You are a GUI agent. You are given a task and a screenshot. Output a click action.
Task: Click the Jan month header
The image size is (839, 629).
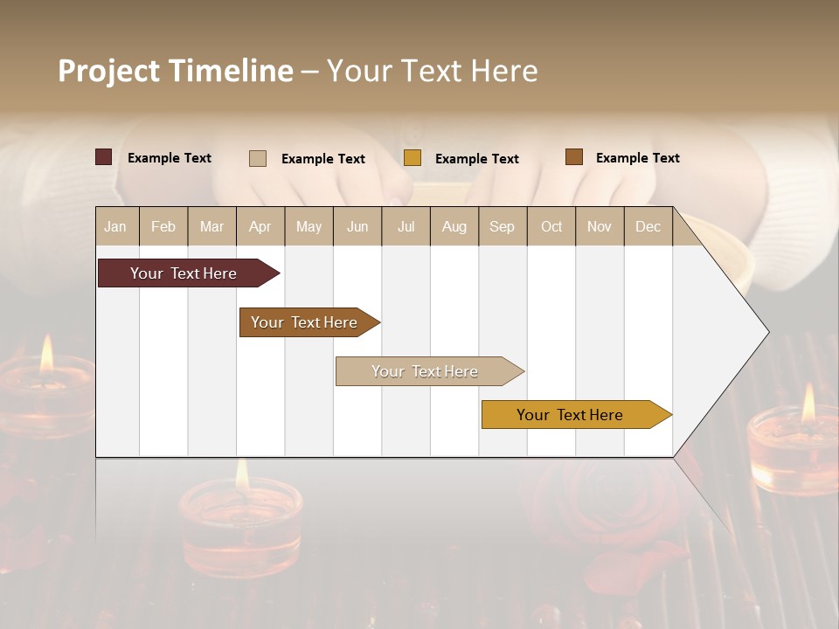pyautogui.click(x=115, y=227)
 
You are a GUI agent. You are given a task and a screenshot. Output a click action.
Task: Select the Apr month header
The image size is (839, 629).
pyautogui.click(x=260, y=227)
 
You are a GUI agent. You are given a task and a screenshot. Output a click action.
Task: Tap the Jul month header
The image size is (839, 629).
pyautogui.click(x=406, y=227)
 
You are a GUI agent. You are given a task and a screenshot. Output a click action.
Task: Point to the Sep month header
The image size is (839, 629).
pyautogui.click(x=502, y=227)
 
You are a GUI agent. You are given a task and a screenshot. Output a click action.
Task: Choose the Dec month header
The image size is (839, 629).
pyautogui.click(x=648, y=227)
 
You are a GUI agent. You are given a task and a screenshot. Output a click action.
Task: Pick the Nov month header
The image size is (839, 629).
pyautogui.click(x=599, y=227)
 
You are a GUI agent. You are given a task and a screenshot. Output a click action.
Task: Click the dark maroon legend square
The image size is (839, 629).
pyautogui.click(x=104, y=157)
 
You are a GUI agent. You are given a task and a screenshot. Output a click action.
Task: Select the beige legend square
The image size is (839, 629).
pyautogui.click(x=258, y=158)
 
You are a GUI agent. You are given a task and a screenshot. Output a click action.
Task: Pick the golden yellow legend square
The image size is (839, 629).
pyautogui.click(x=413, y=158)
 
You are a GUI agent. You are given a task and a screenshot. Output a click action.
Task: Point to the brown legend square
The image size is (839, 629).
pyautogui.click(x=573, y=157)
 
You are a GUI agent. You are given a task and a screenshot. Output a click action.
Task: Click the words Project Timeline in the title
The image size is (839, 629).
pyautogui.click(x=176, y=71)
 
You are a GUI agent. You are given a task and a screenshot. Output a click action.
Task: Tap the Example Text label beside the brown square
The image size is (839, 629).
pyautogui.click(x=637, y=158)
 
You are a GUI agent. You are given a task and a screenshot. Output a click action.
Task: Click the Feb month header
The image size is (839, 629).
pyautogui.click(x=163, y=227)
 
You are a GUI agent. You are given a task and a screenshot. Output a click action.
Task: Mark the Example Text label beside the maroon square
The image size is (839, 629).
pyautogui.click(x=170, y=158)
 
